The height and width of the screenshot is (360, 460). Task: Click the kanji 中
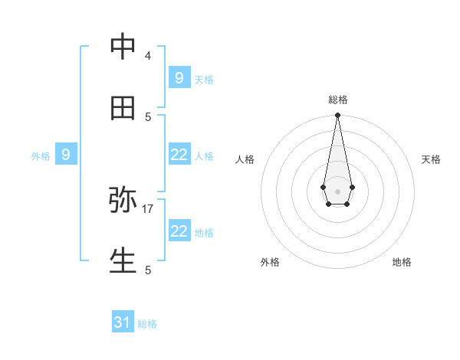pyautogui.click(x=123, y=47)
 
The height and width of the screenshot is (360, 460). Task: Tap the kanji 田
pyautogui.click(x=123, y=108)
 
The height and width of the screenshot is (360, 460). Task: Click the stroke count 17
pyautogui.click(x=148, y=208)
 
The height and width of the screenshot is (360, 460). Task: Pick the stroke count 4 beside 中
pyautogui.click(x=148, y=55)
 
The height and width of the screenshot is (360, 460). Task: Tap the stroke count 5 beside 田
pyautogui.click(x=148, y=116)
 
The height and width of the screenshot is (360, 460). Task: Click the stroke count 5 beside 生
pyautogui.click(x=148, y=270)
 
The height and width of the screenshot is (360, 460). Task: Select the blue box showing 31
pyautogui.click(x=123, y=322)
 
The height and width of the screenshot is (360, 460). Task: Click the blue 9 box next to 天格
pyautogui.click(x=179, y=77)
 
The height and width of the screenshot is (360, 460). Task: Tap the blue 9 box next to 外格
pyautogui.click(x=66, y=155)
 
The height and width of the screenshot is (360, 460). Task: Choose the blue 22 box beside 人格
pyautogui.click(x=179, y=155)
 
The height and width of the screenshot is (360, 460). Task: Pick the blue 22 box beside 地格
pyautogui.click(x=179, y=231)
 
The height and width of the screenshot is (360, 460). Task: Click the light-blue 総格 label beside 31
pyautogui.click(x=147, y=324)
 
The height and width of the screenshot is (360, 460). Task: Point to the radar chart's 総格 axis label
pyautogui.click(x=337, y=100)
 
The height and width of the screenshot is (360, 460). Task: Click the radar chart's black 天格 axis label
pyautogui.click(x=432, y=159)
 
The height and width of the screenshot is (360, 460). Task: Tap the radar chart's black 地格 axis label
pyautogui.click(x=402, y=262)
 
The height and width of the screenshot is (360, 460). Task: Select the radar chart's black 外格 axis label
pyautogui.click(x=270, y=262)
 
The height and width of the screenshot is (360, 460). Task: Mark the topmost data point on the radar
pyautogui.click(x=337, y=116)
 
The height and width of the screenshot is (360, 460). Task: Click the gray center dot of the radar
pyautogui.click(x=337, y=191)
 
